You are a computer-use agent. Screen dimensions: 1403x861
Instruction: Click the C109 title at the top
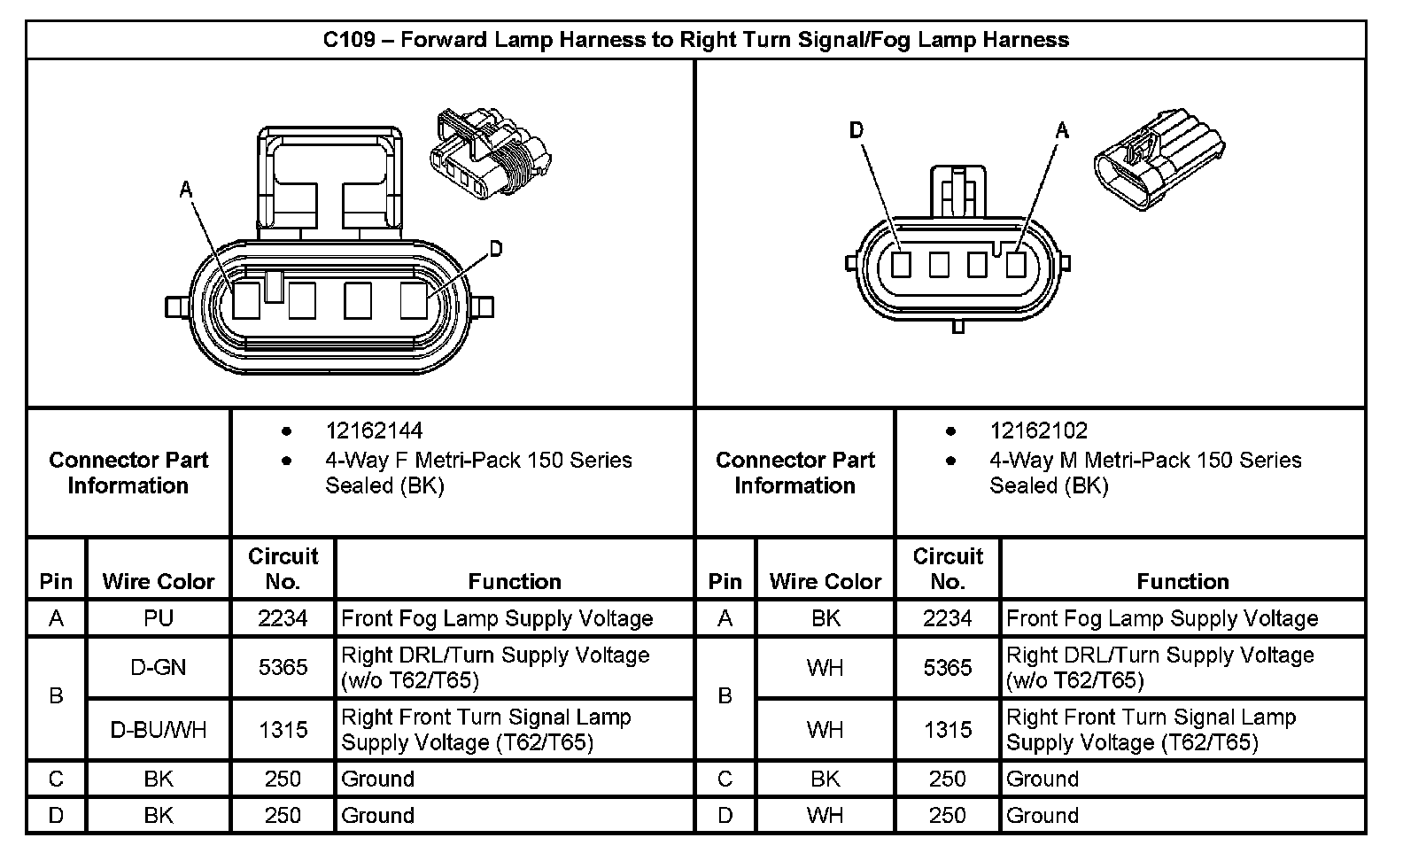(695, 40)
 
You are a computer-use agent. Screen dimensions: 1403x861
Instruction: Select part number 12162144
(374, 431)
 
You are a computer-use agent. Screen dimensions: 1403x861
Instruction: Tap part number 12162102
(1038, 431)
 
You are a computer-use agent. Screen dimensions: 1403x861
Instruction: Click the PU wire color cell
(159, 618)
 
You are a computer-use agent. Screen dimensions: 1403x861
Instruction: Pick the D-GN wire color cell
(159, 667)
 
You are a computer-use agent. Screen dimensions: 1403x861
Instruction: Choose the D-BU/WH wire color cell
(159, 730)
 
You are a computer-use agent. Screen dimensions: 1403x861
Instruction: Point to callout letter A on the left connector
(186, 189)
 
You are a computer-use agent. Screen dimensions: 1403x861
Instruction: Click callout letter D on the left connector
(496, 249)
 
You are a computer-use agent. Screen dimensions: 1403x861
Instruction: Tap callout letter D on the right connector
(856, 131)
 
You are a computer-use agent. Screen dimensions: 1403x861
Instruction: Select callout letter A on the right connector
(1063, 131)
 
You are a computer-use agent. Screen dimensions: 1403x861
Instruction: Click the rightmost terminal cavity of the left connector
(414, 300)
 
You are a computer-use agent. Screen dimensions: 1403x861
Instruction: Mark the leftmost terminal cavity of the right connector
(901, 264)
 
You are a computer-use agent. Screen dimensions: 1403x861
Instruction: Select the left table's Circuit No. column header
(283, 569)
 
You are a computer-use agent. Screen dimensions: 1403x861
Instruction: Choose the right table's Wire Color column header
(826, 582)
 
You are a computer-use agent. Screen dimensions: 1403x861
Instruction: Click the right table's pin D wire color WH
(826, 815)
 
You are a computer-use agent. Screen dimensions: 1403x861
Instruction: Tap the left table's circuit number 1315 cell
(283, 730)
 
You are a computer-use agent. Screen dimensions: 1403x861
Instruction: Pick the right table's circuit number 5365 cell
(948, 667)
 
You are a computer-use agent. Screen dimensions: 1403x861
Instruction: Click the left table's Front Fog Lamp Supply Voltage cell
(497, 618)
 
